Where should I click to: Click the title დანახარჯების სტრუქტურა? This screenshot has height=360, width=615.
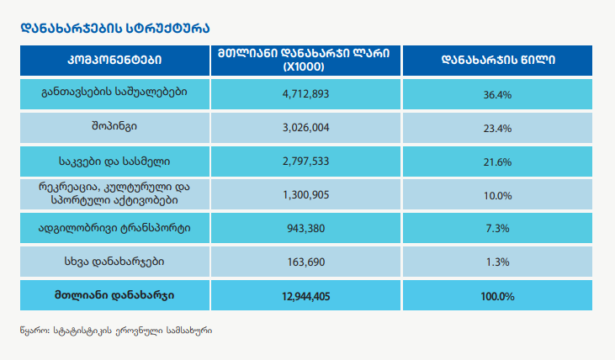coord(104,28)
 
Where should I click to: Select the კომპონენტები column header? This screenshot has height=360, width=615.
coord(114,60)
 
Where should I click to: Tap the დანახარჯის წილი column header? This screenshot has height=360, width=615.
coord(498,60)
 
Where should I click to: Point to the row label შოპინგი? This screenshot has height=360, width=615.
coord(114,127)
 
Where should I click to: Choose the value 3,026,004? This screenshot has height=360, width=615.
coord(305,127)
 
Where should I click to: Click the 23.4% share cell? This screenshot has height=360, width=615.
coord(498,127)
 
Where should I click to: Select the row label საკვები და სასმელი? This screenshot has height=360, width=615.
coord(114,161)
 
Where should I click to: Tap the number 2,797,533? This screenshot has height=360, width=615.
coord(305,161)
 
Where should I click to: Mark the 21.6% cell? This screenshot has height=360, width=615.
coord(498,161)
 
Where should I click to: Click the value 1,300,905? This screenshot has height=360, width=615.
coord(305,195)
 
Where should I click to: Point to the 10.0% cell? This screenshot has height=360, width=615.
coord(498,195)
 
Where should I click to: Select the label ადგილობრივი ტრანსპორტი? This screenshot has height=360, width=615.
coord(114,229)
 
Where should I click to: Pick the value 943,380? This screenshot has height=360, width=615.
coord(305,229)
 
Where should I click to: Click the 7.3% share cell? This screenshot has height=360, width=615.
coord(498,229)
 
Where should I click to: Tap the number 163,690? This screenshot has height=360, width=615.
coord(305,262)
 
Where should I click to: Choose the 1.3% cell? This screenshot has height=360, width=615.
coord(498,262)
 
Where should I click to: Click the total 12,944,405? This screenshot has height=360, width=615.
coord(305,296)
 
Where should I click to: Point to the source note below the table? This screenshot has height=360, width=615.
coord(115,331)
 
